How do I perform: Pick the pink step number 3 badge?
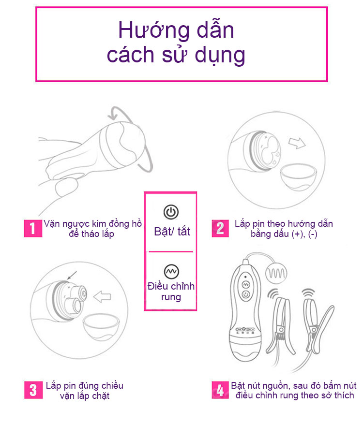32,390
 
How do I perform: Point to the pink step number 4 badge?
220,390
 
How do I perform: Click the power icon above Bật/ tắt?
171,211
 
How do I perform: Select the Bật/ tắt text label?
172,231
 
